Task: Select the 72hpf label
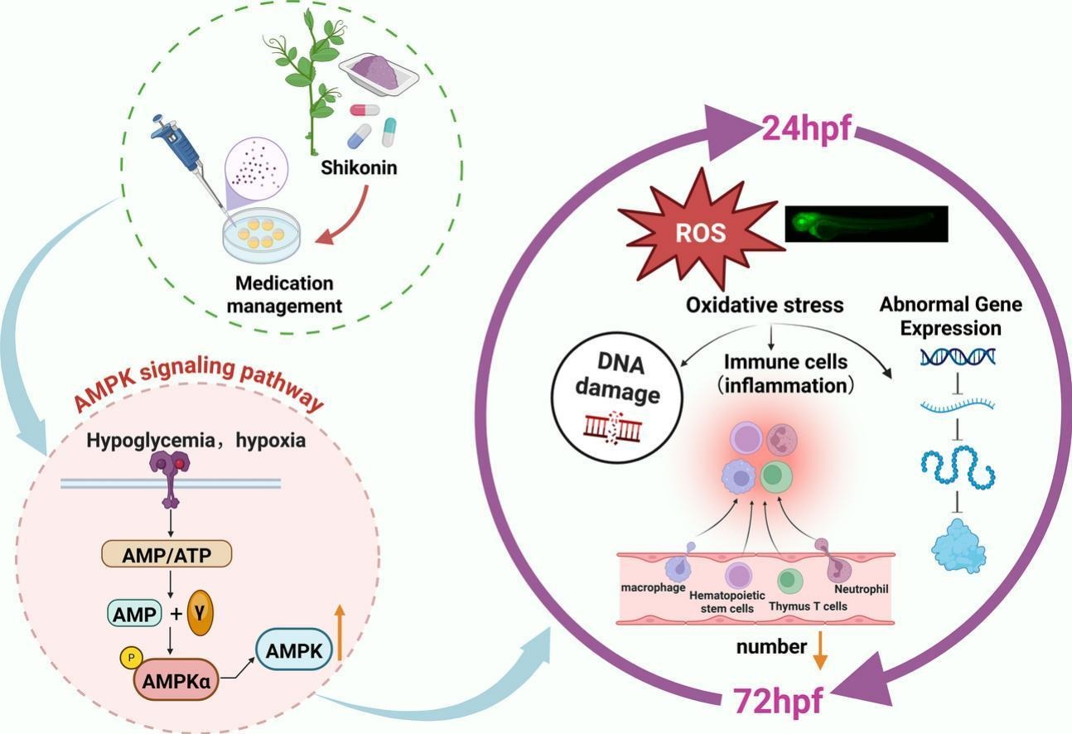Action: coord(778,701)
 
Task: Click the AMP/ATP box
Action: coord(167,554)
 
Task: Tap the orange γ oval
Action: coord(200,612)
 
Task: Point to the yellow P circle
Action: coord(131,657)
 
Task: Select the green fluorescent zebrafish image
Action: coord(866,224)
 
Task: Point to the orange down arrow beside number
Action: coord(819,649)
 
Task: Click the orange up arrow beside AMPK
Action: coord(339,632)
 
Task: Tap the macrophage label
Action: coord(654,587)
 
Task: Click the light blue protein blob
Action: coord(960,547)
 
